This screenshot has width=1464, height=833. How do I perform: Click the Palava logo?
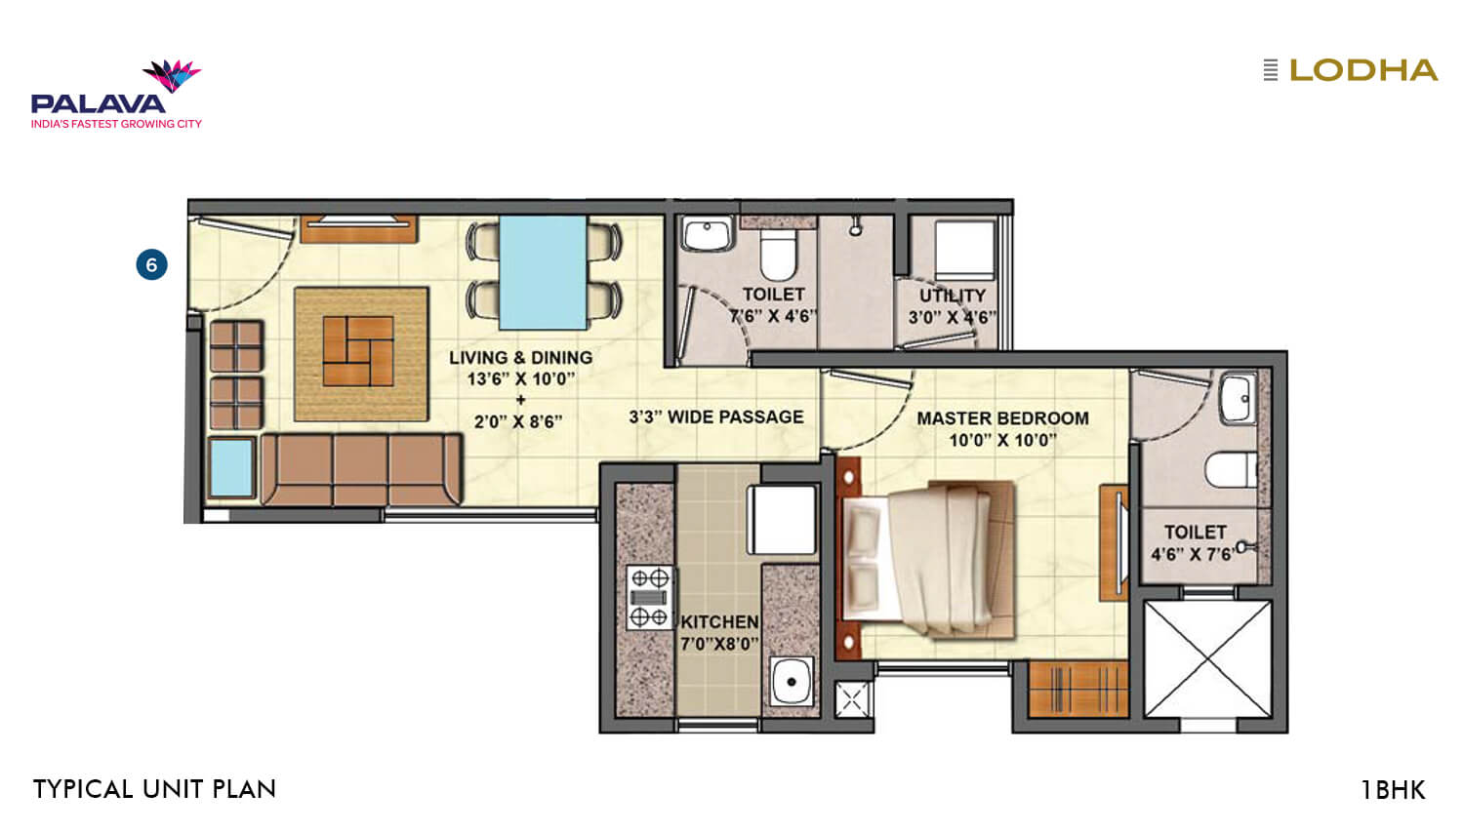(115, 96)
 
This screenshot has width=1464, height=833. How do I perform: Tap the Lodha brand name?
(1362, 70)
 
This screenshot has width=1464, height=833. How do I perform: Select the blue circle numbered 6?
(151, 264)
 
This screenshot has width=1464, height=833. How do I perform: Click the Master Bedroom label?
(1002, 418)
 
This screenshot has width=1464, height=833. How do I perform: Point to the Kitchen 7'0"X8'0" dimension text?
(719, 644)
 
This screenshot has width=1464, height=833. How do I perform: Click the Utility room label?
(952, 296)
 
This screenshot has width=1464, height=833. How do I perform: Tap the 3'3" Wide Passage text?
(715, 417)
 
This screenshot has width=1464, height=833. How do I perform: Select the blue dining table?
(543, 272)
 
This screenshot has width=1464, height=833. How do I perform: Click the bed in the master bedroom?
(927, 558)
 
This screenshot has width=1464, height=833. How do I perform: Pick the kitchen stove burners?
(649, 597)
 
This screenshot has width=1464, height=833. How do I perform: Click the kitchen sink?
(792, 680)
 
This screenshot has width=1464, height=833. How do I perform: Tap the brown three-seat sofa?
(360, 470)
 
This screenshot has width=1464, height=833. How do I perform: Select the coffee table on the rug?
(358, 351)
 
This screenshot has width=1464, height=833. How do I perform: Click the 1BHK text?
(1393, 790)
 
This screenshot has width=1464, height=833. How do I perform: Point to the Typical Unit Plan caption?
(154, 789)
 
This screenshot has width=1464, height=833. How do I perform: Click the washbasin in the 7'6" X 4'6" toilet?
(708, 234)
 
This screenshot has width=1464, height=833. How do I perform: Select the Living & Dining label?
(520, 358)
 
